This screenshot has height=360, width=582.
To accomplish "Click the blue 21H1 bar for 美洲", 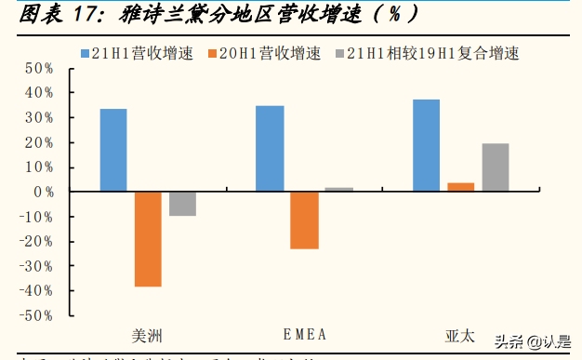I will tap(113, 150).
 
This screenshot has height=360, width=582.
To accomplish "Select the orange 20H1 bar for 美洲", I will tap(148, 239).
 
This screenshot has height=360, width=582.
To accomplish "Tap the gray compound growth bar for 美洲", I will tap(182, 204).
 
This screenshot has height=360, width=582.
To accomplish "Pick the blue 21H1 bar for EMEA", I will tap(270, 149).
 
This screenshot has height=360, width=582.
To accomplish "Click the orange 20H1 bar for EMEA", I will tap(304, 220).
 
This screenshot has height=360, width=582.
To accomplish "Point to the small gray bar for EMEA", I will tap(338, 189).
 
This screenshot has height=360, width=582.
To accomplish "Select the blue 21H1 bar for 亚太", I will tap(426, 145).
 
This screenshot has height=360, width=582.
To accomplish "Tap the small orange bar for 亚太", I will tap(460, 187).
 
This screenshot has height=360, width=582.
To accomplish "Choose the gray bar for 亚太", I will tap(495, 167).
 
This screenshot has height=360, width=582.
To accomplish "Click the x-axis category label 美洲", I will tap(148, 334).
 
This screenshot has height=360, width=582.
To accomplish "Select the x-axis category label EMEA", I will tap(304, 334).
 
